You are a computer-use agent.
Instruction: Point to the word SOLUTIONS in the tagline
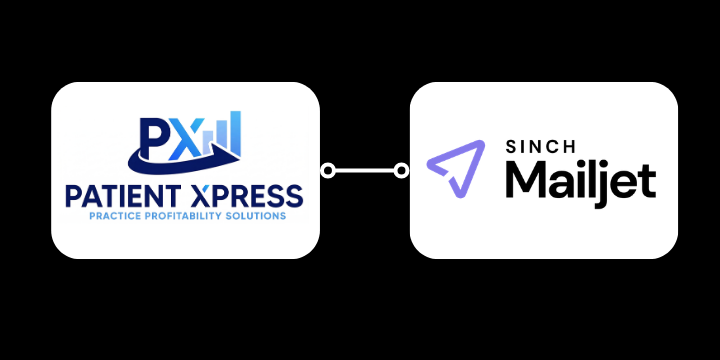(260, 216)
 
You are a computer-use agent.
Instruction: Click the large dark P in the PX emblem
(152, 139)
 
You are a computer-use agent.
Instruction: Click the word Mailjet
(579, 181)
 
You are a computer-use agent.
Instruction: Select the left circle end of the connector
(327, 171)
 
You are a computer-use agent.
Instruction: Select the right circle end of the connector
(402, 171)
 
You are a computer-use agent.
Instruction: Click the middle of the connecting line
(364, 171)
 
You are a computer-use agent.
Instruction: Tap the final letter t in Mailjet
(648, 181)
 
